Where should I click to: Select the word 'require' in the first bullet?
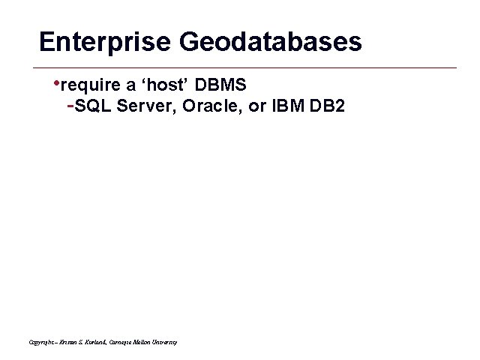tap(86, 82)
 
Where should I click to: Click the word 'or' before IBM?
tap(257, 106)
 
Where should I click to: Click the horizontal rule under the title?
tap(247, 68)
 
